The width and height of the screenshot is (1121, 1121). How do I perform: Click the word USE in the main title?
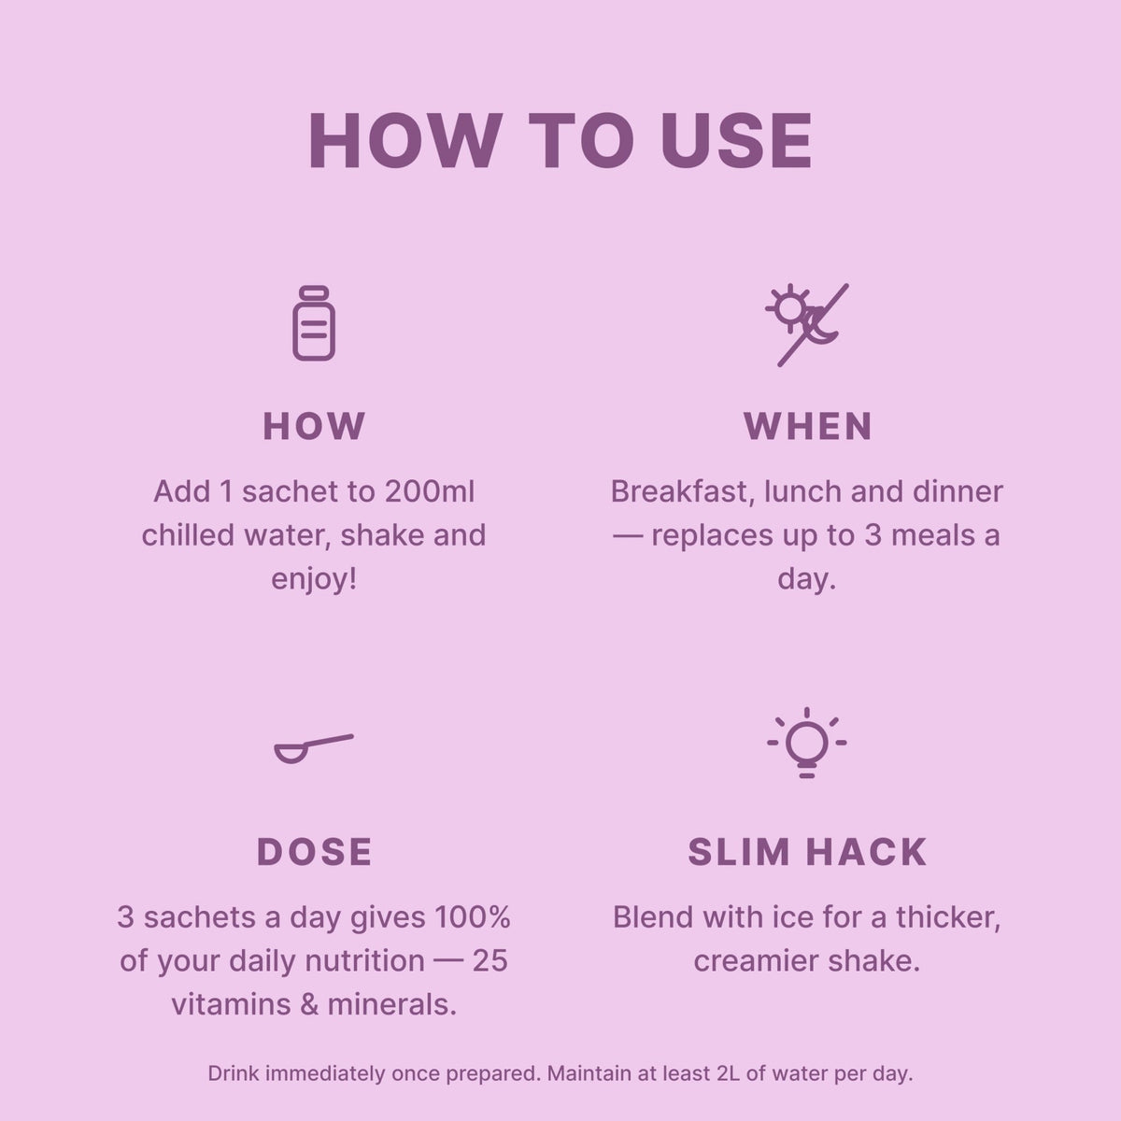(x=736, y=141)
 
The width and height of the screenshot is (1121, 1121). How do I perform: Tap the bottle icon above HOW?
(x=314, y=323)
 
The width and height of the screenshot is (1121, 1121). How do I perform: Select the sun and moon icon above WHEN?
(x=807, y=325)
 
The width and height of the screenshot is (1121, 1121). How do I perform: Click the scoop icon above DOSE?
(x=314, y=748)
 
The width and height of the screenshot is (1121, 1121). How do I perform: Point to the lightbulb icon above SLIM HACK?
(x=807, y=743)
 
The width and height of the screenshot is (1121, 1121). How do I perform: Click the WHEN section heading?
(x=808, y=426)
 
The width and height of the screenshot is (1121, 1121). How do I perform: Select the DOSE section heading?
(x=314, y=852)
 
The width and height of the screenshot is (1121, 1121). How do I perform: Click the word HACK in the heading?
(x=867, y=852)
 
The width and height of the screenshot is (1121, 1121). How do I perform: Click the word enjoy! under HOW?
(x=314, y=579)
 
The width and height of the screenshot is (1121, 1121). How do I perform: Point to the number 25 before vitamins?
(x=490, y=961)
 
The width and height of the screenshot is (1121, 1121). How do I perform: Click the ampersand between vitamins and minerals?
(x=309, y=1004)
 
